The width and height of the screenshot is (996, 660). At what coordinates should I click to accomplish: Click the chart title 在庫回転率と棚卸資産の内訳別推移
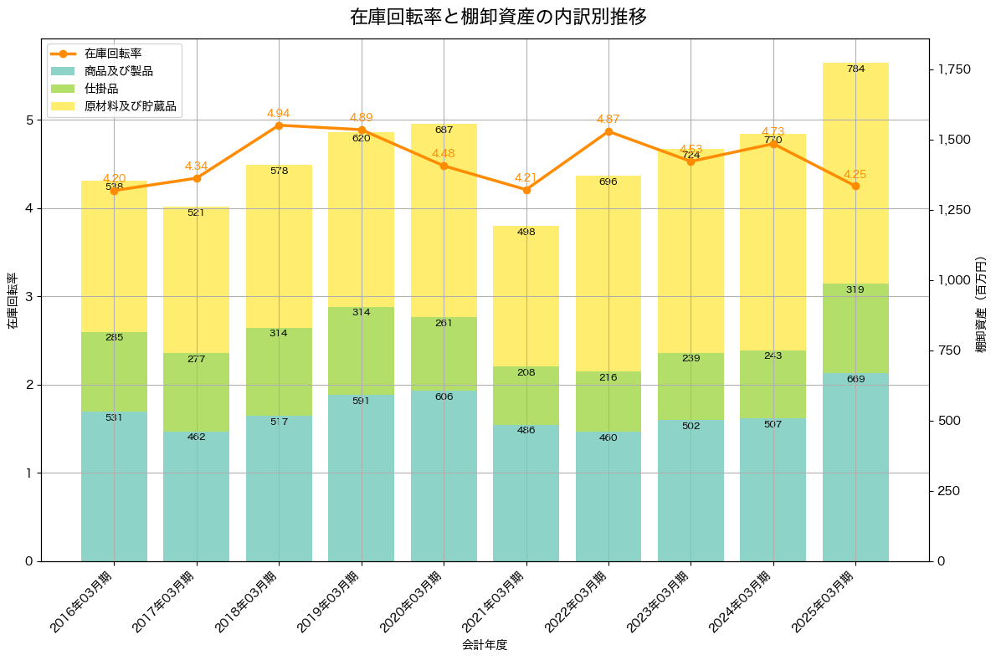tap(498, 17)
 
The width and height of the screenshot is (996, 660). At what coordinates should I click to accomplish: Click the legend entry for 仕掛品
tap(101, 89)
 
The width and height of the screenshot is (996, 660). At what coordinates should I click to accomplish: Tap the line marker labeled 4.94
tap(279, 125)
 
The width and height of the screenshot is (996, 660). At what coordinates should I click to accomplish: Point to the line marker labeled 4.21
tap(526, 190)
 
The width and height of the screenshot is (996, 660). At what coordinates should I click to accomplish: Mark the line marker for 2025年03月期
tap(855, 186)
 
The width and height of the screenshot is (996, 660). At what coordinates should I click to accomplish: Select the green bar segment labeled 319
tap(855, 328)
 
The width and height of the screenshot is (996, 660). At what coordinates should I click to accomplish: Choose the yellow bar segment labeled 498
tap(526, 296)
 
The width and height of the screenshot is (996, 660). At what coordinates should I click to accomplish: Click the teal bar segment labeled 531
tap(114, 486)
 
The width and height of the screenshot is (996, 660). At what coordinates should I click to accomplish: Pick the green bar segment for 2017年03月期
tap(197, 392)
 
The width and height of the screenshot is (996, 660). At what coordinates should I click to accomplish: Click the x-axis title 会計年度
tap(485, 645)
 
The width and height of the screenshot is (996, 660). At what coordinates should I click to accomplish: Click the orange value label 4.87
tap(608, 119)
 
